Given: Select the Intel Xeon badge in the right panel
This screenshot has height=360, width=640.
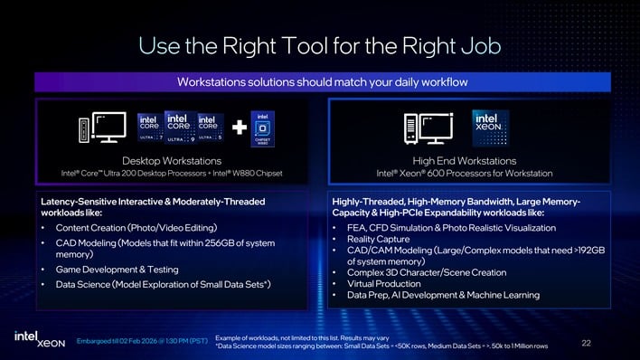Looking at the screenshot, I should coord(490,128).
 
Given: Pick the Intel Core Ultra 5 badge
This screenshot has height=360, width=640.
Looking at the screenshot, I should coord(210,128).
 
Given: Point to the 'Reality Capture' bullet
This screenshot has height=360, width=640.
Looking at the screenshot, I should coord(379,238).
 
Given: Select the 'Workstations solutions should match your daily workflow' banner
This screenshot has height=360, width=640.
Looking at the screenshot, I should coord(319,82).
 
